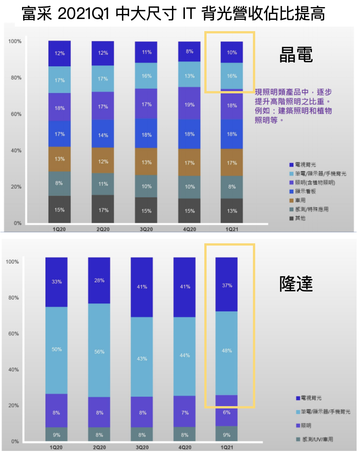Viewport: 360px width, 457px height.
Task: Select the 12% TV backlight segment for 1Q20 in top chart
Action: (x=60, y=54)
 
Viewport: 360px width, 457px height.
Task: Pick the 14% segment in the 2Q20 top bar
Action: (x=103, y=135)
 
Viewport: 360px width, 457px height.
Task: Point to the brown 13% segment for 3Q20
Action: (x=146, y=162)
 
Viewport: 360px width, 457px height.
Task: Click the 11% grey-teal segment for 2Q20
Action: (x=103, y=184)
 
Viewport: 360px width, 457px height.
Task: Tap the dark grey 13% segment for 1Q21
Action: (x=232, y=211)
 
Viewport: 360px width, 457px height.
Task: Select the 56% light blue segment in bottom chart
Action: (x=99, y=352)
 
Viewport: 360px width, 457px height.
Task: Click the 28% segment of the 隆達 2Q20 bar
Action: (x=99, y=281)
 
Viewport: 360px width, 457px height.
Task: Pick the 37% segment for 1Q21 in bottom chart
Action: (x=227, y=285)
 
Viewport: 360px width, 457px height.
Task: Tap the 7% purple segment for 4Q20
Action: (x=185, y=413)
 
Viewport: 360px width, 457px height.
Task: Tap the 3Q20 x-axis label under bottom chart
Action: (x=142, y=448)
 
